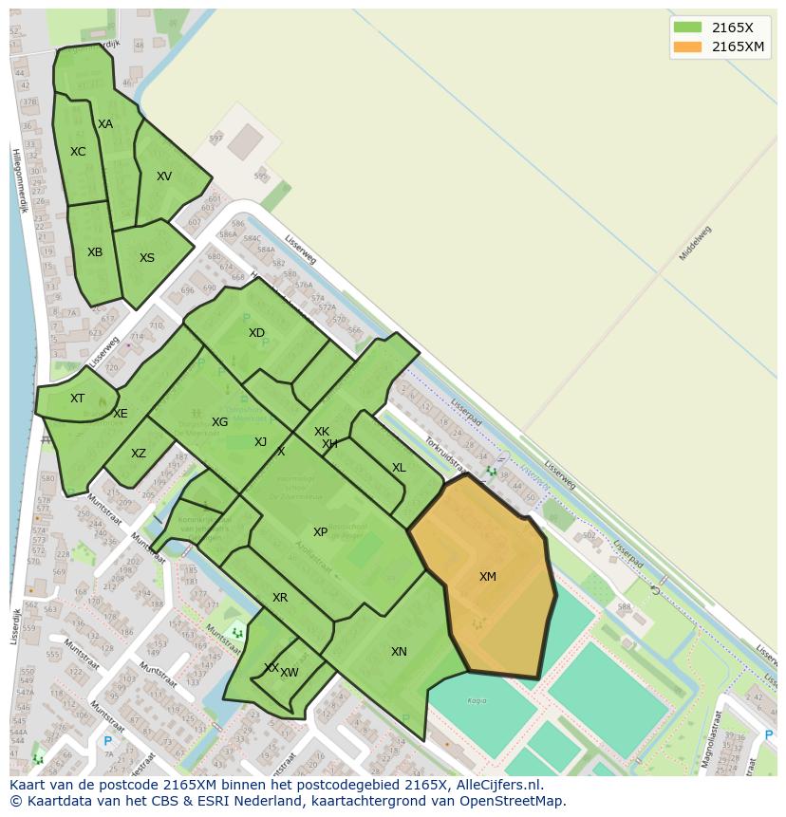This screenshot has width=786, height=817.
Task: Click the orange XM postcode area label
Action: [x=487, y=577]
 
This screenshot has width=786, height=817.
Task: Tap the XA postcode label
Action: [x=105, y=124]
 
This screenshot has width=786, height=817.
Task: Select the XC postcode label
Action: [x=78, y=152]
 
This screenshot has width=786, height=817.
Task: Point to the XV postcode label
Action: [x=164, y=176]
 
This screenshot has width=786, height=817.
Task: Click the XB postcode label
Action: [x=95, y=252]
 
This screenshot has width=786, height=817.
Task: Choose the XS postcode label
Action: [x=147, y=258]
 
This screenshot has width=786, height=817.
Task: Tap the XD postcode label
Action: [x=256, y=333]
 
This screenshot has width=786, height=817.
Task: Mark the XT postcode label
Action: [x=77, y=399]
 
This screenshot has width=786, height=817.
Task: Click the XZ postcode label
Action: [x=139, y=454]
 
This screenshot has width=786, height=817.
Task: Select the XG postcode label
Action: [x=219, y=422]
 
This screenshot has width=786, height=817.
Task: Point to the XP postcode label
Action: [x=320, y=532]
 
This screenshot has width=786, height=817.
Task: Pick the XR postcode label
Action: [x=280, y=598]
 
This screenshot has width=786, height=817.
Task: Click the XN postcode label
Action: [x=399, y=652]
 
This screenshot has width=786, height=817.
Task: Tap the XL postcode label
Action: [x=399, y=468]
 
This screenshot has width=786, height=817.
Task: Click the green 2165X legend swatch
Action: [x=687, y=28]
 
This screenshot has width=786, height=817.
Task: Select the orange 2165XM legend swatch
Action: [x=687, y=46]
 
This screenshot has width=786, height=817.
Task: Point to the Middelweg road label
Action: [x=695, y=244]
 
